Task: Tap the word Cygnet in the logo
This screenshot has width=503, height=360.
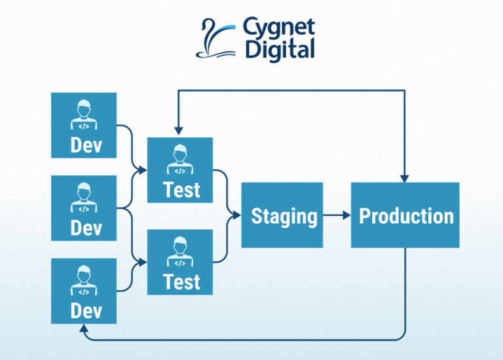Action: (x=278, y=28)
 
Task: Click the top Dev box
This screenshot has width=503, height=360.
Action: (x=84, y=125)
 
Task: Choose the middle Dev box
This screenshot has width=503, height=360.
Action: (x=84, y=208)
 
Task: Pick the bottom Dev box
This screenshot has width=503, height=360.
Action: (x=84, y=291)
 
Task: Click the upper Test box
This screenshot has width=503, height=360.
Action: (x=180, y=170)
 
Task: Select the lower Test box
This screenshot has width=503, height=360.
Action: (x=180, y=262)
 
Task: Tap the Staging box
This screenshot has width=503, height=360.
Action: (x=282, y=215)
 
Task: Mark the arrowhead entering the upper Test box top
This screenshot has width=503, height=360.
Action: (x=177, y=134)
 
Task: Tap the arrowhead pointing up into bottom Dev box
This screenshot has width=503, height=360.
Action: (x=84, y=327)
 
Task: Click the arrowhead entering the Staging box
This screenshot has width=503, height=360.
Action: (x=236, y=215)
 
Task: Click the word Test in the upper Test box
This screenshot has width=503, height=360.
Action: (x=181, y=190)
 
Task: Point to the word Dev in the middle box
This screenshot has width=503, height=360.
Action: (x=86, y=228)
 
